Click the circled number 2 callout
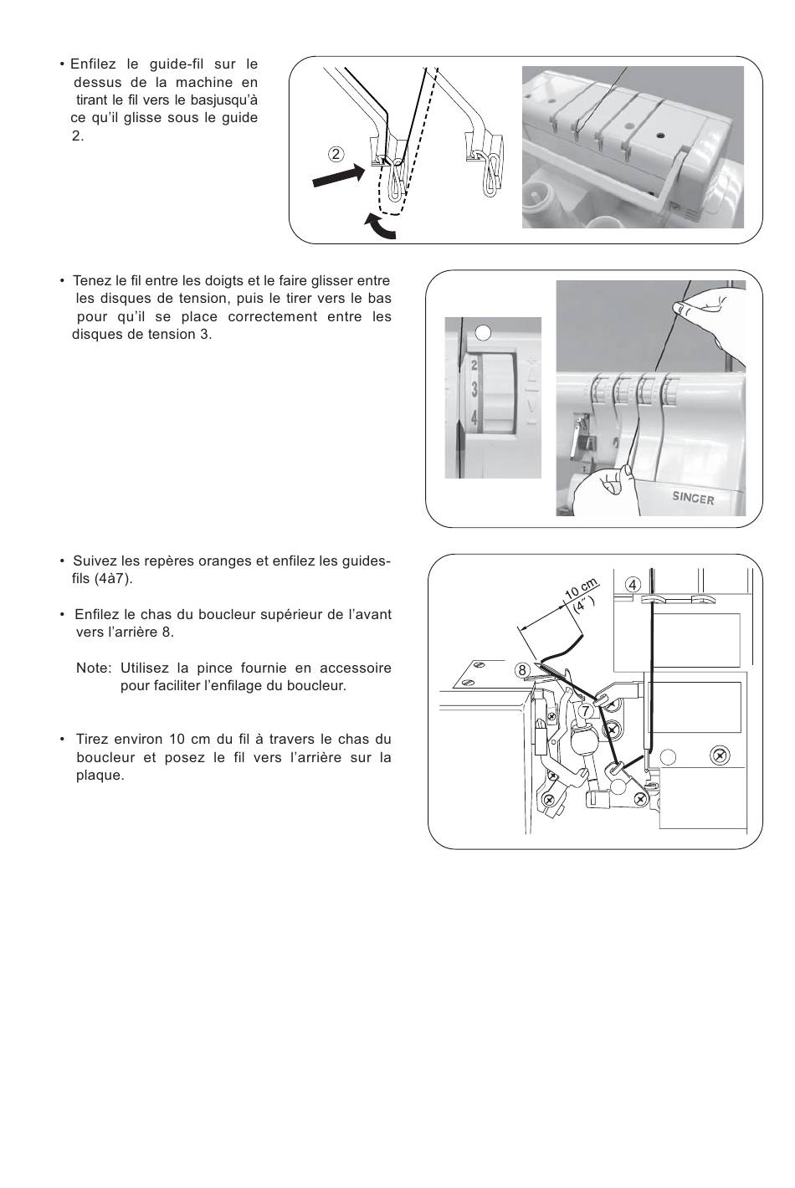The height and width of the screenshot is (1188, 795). pos(336,155)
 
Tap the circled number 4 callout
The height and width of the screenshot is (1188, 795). pos(633,585)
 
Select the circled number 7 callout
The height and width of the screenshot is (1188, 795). pos(586,710)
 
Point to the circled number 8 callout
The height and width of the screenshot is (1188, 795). pos(522,670)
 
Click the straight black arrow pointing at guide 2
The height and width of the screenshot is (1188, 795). pos(339,176)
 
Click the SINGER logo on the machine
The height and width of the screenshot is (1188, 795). pos(693,498)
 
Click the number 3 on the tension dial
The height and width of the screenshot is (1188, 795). pos(474,389)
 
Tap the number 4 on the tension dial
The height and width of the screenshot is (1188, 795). pos(474,418)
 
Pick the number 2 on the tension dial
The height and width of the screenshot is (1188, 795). pos(474,366)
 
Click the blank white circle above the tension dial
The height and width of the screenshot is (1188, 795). pos(483,332)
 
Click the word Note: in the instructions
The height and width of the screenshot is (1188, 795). pos(94,668)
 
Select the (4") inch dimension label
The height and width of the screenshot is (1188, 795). pos(585,605)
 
